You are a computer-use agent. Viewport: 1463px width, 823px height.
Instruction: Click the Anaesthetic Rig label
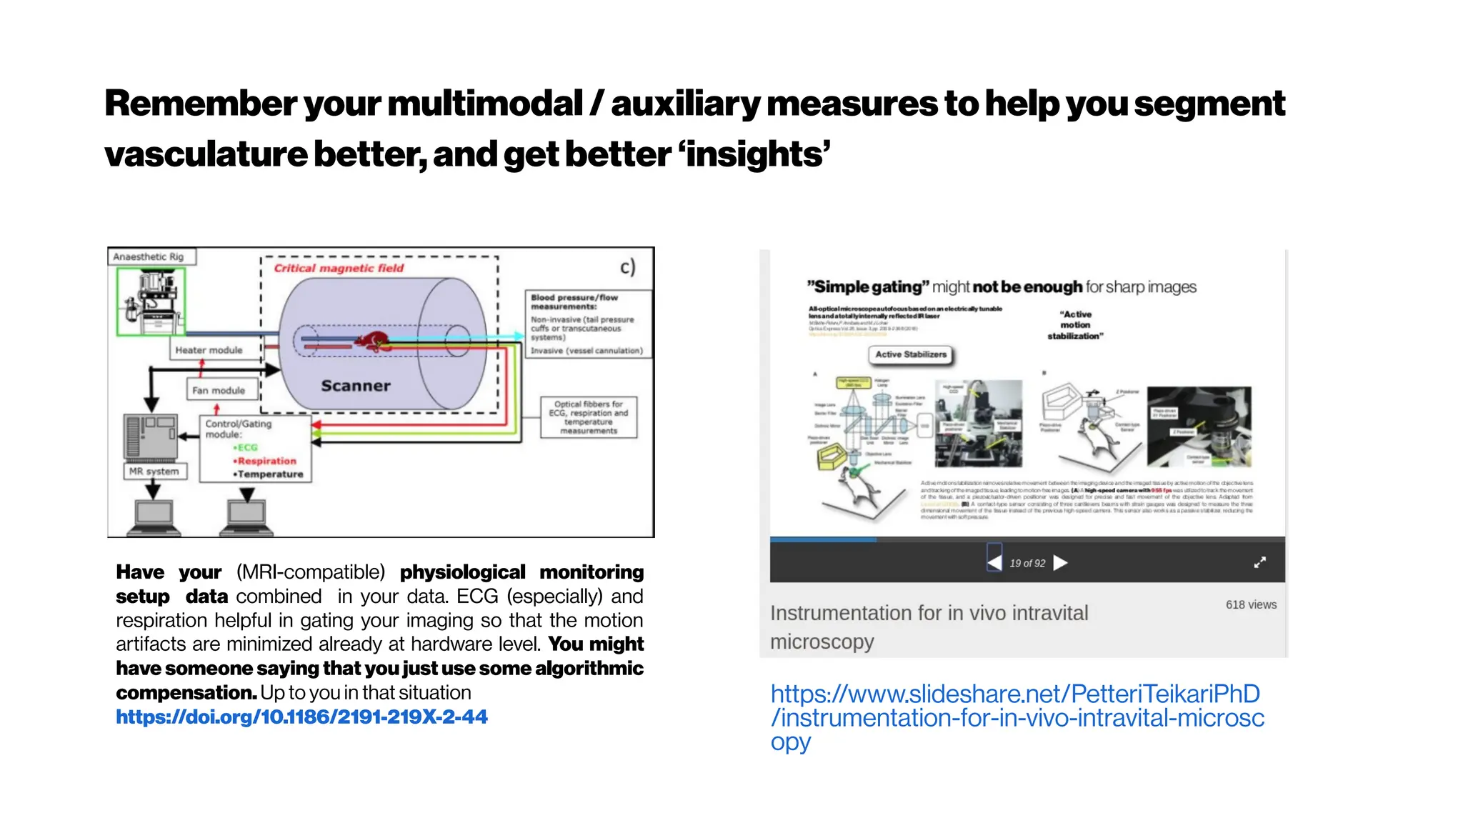click(x=149, y=257)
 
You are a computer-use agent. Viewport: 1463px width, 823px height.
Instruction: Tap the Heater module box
click(x=209, y=350)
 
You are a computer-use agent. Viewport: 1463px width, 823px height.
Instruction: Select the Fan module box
click(x=219, y=390)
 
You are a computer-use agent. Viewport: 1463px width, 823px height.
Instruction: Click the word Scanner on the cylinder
click(x=356, y=386)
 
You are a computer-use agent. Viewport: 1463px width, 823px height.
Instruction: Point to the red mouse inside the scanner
click(x=373, y=341)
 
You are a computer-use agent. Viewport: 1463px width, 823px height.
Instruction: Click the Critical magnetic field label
click(x=339, y=268)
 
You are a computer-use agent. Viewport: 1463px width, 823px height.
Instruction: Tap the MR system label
click(x=154, y=472)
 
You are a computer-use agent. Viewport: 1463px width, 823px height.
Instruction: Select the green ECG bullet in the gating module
click(x=246, y=447)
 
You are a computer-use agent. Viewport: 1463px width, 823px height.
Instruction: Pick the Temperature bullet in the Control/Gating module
click(x=269, y=474)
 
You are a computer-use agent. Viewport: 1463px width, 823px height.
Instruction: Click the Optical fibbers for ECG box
click(x=589, y=417)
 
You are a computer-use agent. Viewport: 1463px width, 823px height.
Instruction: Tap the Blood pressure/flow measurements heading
click(x=574, y=301)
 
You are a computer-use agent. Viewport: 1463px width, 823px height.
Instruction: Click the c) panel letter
click(x=627, y=267)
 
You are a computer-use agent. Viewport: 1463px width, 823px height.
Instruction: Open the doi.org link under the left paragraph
click(x=301, y=717)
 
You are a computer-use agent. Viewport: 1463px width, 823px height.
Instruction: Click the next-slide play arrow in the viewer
click(x=1061, y=563)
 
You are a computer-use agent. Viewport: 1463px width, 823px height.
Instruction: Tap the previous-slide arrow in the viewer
click(x=994, y=563)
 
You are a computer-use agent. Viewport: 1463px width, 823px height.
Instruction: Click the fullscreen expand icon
click(x=1260, y=563)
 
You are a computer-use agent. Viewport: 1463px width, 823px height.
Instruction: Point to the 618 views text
click(x=1251, y=604)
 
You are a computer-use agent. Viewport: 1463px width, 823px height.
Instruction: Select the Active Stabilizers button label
click(x=911, y=354)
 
